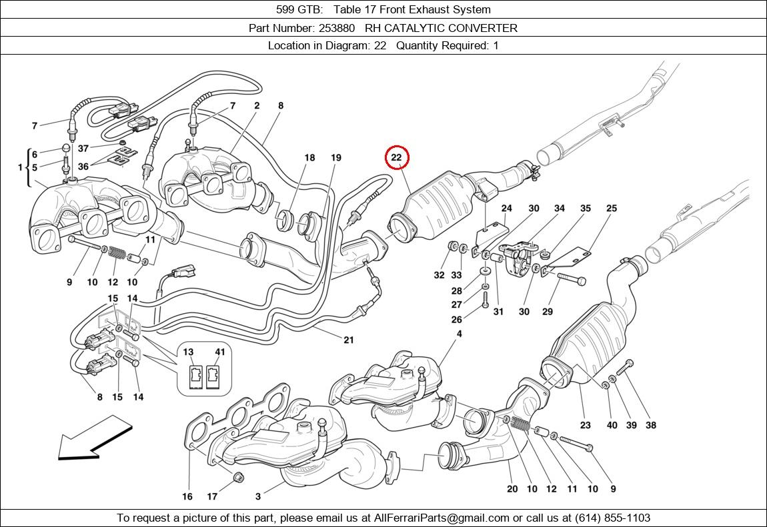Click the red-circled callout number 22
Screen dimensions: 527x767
396,158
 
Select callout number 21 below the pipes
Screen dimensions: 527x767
348,340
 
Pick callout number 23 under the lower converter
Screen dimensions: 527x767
585,425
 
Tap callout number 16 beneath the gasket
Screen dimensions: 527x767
187,496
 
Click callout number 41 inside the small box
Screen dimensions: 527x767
220,352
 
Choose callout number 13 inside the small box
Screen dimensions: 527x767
189,352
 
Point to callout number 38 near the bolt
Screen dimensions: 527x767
650,425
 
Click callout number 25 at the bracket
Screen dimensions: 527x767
611,209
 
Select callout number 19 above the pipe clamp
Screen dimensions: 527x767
335,158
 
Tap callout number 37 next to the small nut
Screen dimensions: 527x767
83,148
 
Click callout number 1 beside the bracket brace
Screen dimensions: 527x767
20,167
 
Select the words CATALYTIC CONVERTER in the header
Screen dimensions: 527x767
460,28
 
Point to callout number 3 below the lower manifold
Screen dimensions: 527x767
258,496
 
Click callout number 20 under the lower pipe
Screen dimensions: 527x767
512,489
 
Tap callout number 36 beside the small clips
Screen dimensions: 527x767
83,167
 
